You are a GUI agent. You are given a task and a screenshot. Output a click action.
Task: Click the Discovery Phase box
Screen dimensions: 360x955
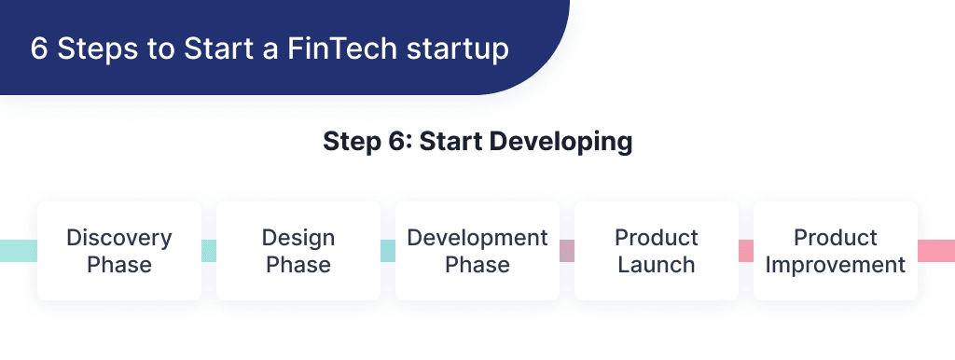click(119, 250)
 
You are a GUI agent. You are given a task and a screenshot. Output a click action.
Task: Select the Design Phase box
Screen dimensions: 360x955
click(298, 250)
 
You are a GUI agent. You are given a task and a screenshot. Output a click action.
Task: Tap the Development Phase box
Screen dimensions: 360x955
click(477, 250)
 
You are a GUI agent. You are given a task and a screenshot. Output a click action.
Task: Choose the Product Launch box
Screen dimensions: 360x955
click(657, 250)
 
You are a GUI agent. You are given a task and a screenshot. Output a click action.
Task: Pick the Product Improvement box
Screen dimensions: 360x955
click(836, 250)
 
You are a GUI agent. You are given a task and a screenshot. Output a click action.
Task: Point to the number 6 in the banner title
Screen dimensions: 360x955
click(39, 49)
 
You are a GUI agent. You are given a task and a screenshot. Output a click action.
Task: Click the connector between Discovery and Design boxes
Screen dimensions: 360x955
click(209, 250)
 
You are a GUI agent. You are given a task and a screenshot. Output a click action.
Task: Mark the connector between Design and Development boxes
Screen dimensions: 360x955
click(388, 250)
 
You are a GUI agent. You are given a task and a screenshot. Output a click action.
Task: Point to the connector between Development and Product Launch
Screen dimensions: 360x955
click(567, 250)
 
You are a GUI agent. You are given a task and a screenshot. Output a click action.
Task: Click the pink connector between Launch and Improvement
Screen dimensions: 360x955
click(746, 250)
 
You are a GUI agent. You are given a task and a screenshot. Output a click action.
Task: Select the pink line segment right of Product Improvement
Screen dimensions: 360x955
click(936, 250)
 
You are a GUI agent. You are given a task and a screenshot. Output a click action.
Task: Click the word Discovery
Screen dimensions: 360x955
click(119, 237)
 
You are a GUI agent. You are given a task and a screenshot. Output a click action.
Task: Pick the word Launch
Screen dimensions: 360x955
click(657, 264)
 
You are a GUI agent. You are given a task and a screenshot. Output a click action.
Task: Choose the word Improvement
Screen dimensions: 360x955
click(836, 264)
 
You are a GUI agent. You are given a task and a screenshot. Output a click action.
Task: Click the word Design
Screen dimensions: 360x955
click(298, 237)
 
